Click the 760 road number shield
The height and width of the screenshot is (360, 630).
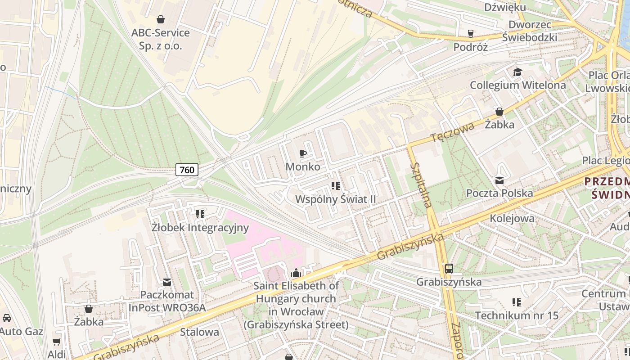tap(187, 170)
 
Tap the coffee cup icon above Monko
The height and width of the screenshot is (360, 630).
tap(303, 154)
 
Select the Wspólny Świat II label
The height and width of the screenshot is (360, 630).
tap(335, 199)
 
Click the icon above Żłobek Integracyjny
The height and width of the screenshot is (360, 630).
tap(200, 214)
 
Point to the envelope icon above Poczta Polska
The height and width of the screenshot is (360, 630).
tap(499, 180)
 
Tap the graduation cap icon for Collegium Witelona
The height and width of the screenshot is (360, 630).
tap(517, 72)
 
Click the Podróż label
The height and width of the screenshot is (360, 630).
tap(471, 47)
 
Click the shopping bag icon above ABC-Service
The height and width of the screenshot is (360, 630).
tap(160, 19)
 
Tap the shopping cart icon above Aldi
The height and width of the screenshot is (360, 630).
tap(57, 342)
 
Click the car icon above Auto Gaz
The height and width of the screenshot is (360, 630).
tap(7, 318)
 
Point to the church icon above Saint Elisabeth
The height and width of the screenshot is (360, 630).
tap(296, 273)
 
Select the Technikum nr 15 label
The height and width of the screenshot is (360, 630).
tap(517, 315)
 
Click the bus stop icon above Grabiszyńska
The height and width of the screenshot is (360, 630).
tap(449, 269)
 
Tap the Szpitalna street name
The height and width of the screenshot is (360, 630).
tap(421, 184)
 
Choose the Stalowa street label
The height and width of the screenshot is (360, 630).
tap(199, 332)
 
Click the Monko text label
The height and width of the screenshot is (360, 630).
tap(303, 167)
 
